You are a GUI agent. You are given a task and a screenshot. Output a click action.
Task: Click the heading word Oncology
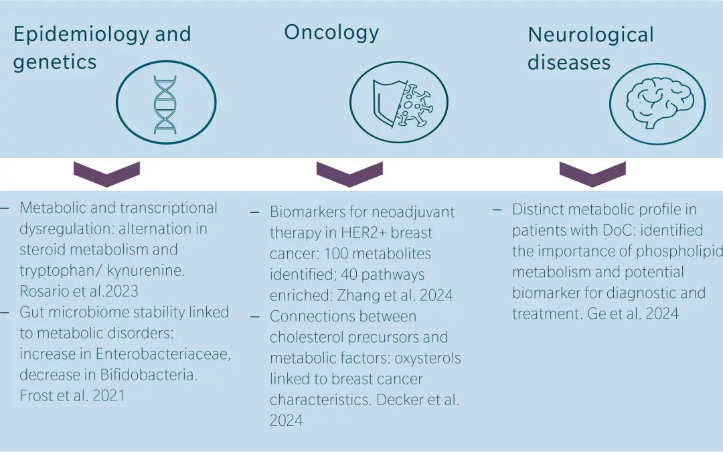coord(331,32)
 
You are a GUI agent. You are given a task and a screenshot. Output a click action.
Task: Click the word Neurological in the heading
coord(590,35)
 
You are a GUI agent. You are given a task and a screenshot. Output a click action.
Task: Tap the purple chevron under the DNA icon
coord(106,173)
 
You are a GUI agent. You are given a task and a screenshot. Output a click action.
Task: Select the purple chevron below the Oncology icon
coord(349,173)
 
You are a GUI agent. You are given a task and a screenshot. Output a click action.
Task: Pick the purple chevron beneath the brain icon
coord(592,173)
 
